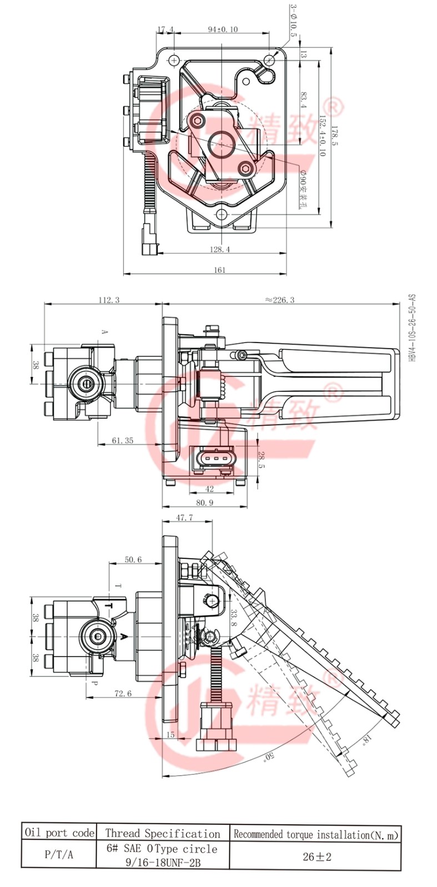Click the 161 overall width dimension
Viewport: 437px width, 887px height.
220,270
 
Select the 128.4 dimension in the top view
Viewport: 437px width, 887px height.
220,249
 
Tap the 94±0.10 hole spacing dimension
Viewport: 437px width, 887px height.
223,29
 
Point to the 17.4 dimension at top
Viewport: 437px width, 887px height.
165,29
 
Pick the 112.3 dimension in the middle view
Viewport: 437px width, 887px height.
109,300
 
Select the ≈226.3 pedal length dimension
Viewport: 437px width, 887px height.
280,300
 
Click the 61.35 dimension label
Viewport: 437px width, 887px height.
123,441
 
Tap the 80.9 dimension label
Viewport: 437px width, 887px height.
204,503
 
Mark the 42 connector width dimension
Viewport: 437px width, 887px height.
209,489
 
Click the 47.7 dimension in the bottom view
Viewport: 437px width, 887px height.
184,517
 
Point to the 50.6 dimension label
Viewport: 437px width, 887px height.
133,560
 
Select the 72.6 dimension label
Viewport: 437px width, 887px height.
123,693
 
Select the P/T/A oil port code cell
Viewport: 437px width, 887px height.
59,855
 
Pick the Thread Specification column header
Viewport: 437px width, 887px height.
163,833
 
